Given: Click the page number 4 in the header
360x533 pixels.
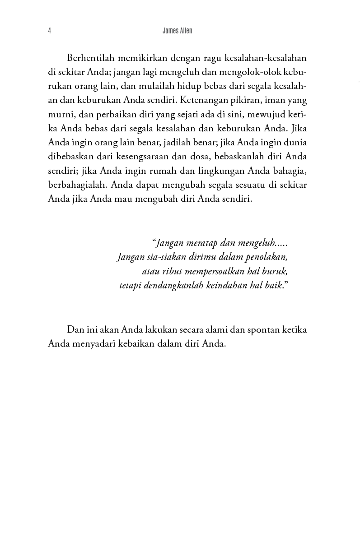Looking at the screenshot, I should click(x=49, y=31).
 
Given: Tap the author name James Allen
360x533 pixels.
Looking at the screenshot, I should click(x=177, y=31).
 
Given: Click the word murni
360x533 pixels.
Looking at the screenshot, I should click(x=60, y=114).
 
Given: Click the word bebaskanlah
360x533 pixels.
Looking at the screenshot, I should click(x=245, y=156).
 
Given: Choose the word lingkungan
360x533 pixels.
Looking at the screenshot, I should click(x=216, y=170).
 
